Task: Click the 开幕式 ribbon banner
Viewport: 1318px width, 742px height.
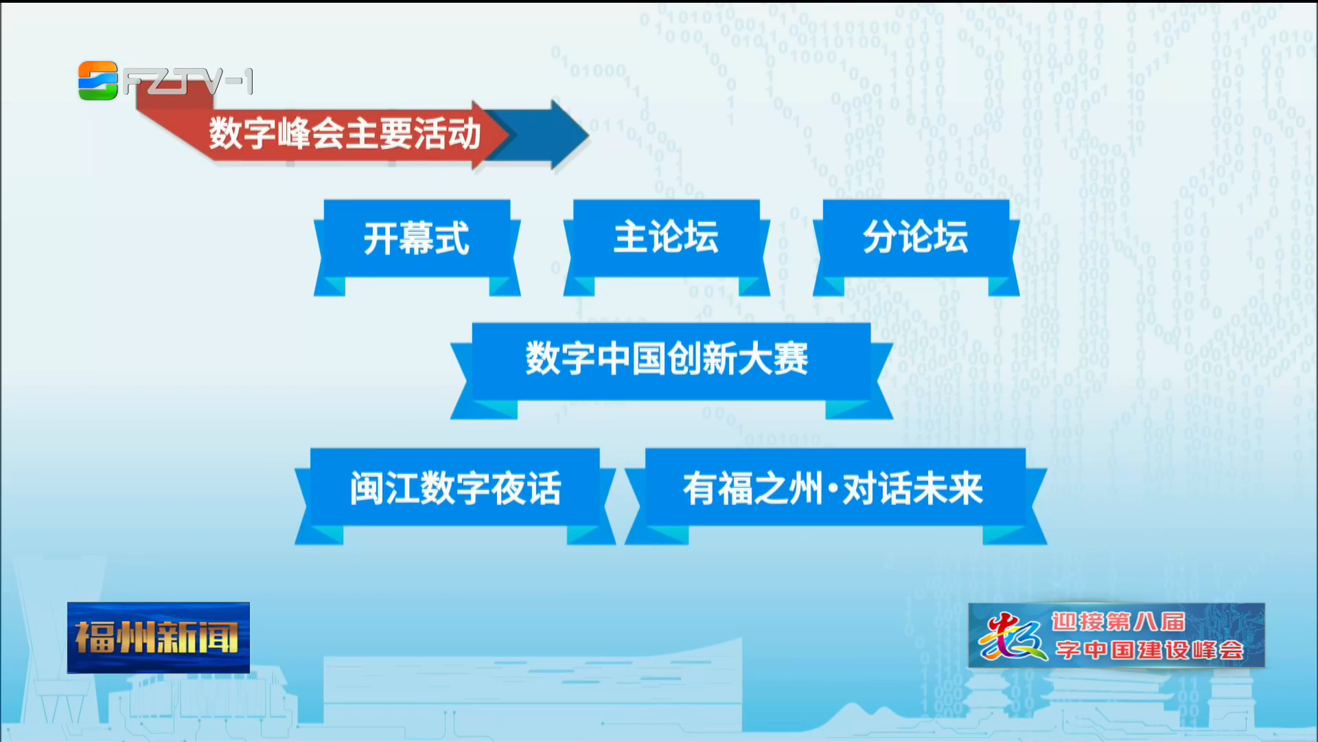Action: (417, 247)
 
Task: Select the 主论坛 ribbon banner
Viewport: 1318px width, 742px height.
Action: (667, 247)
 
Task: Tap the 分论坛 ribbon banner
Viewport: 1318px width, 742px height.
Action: (916, 247)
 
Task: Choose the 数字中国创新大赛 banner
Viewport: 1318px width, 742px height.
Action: (671, 371)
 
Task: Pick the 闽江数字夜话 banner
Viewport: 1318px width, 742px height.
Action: (454, 496)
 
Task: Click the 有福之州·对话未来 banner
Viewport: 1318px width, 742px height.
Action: (835, 496)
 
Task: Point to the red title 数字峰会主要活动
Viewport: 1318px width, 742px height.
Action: (345, 133)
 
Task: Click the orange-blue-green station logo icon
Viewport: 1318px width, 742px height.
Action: (98, 81)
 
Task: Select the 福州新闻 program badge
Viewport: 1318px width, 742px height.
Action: (159, 638)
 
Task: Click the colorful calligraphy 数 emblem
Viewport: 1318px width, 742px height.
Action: (1013, 636)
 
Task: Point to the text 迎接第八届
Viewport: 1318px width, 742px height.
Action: (1118, 622)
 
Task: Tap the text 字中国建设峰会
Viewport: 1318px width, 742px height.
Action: (1149, 650)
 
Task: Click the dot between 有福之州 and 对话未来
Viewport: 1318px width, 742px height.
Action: (833, 489)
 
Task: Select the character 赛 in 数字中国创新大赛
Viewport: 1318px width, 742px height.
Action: (791, 359)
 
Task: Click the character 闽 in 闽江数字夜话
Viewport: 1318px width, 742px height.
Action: (367, 488)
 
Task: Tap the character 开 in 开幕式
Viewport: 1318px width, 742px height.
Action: (381, 238)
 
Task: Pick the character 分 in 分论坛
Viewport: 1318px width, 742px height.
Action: (881, 237)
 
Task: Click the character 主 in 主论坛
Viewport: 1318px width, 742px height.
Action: (631, 237)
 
